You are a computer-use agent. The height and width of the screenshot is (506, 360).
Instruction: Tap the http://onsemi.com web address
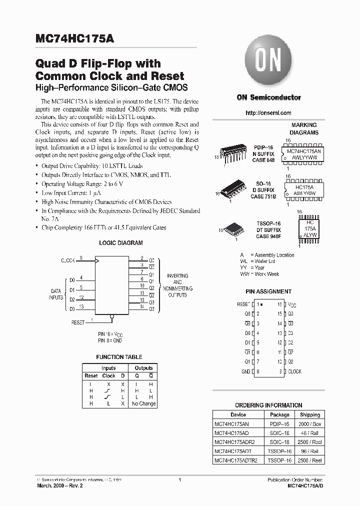tap(268, 113)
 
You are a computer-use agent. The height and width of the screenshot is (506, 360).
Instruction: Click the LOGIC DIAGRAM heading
tap(120, 243)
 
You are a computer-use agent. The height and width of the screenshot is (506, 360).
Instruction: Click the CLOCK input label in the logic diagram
tap(68, 260)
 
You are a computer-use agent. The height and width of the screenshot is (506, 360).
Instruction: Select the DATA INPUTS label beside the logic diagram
tap(56, 293)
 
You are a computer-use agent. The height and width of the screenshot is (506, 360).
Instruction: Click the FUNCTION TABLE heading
tap(119, 357)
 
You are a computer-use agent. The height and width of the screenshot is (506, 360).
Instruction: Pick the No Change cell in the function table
tap(143, 403)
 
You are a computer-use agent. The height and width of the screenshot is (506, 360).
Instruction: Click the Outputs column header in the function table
tap(143, 368)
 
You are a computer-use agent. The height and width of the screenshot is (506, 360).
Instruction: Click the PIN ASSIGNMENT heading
tap(268, 291)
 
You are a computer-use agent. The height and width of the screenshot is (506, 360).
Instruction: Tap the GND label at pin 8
tap(245, 371)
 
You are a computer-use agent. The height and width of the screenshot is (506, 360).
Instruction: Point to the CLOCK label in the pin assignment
tap(294, 371)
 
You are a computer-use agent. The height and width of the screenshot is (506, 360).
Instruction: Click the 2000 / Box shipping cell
tap(310, 424)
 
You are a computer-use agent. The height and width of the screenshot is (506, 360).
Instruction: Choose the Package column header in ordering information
tap(279, 414)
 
